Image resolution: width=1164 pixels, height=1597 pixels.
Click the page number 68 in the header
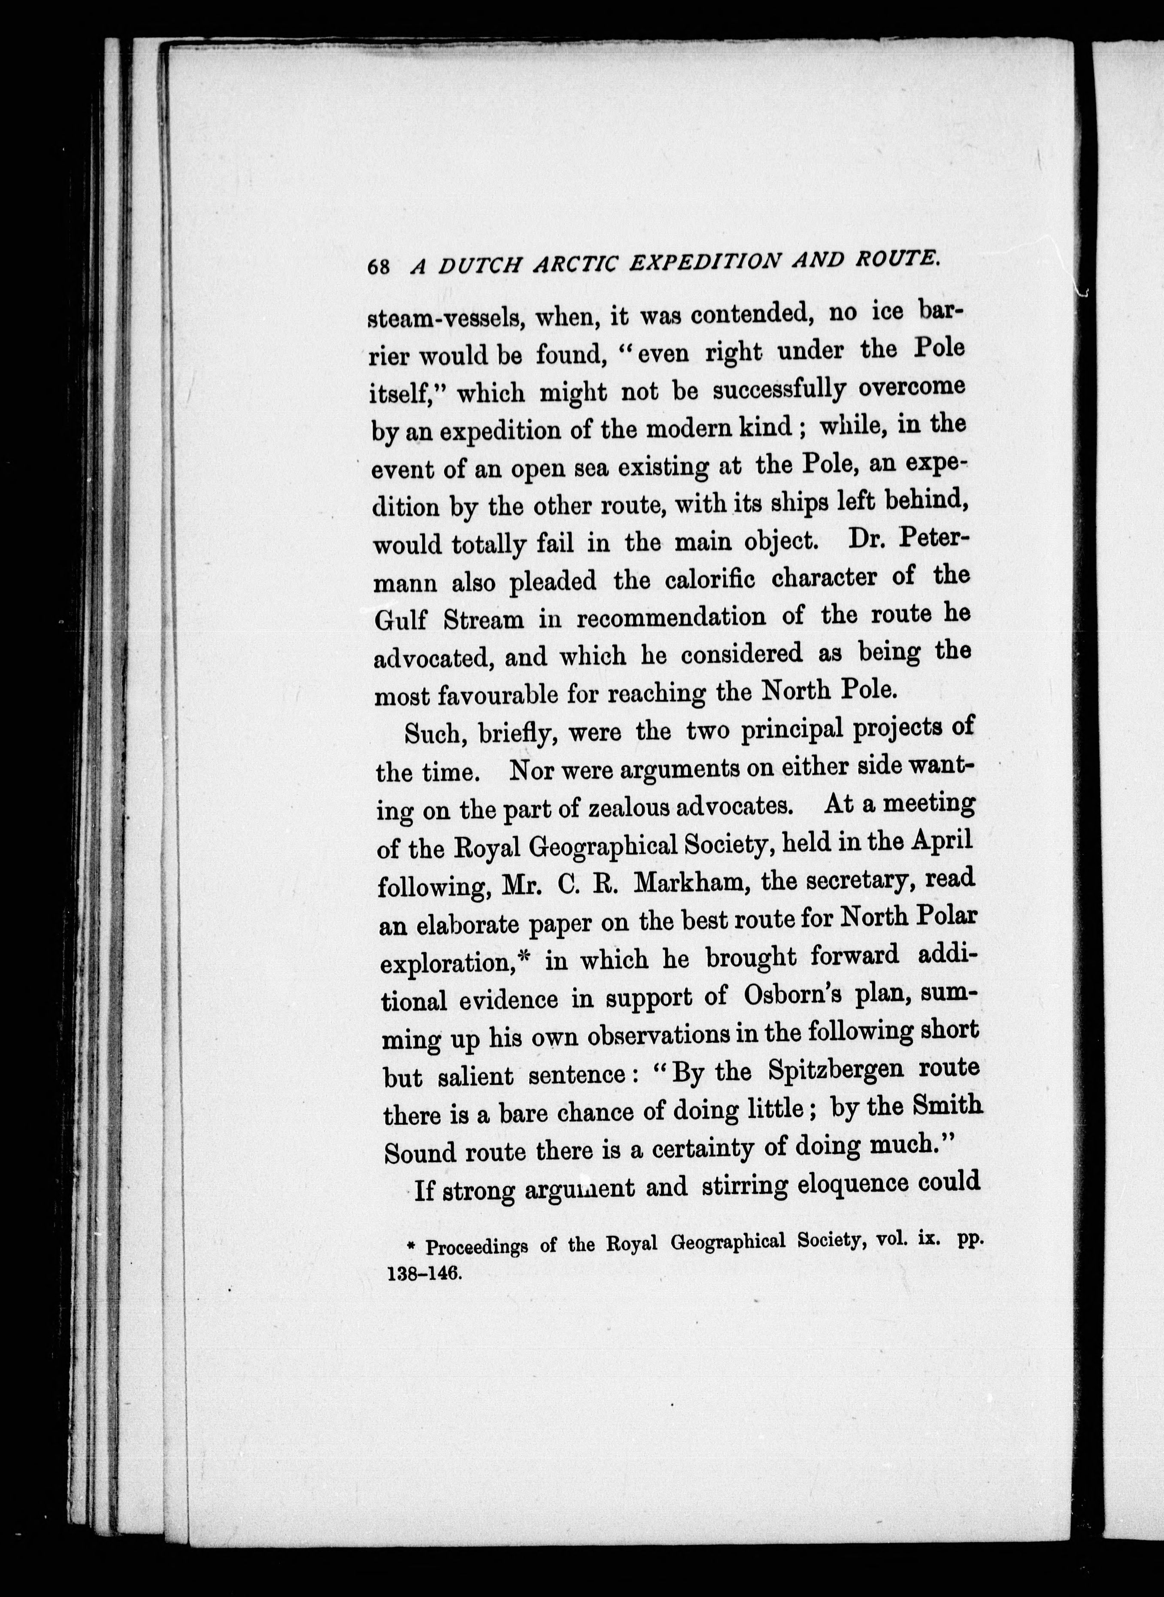pyautogui.click(x=379, y=267)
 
